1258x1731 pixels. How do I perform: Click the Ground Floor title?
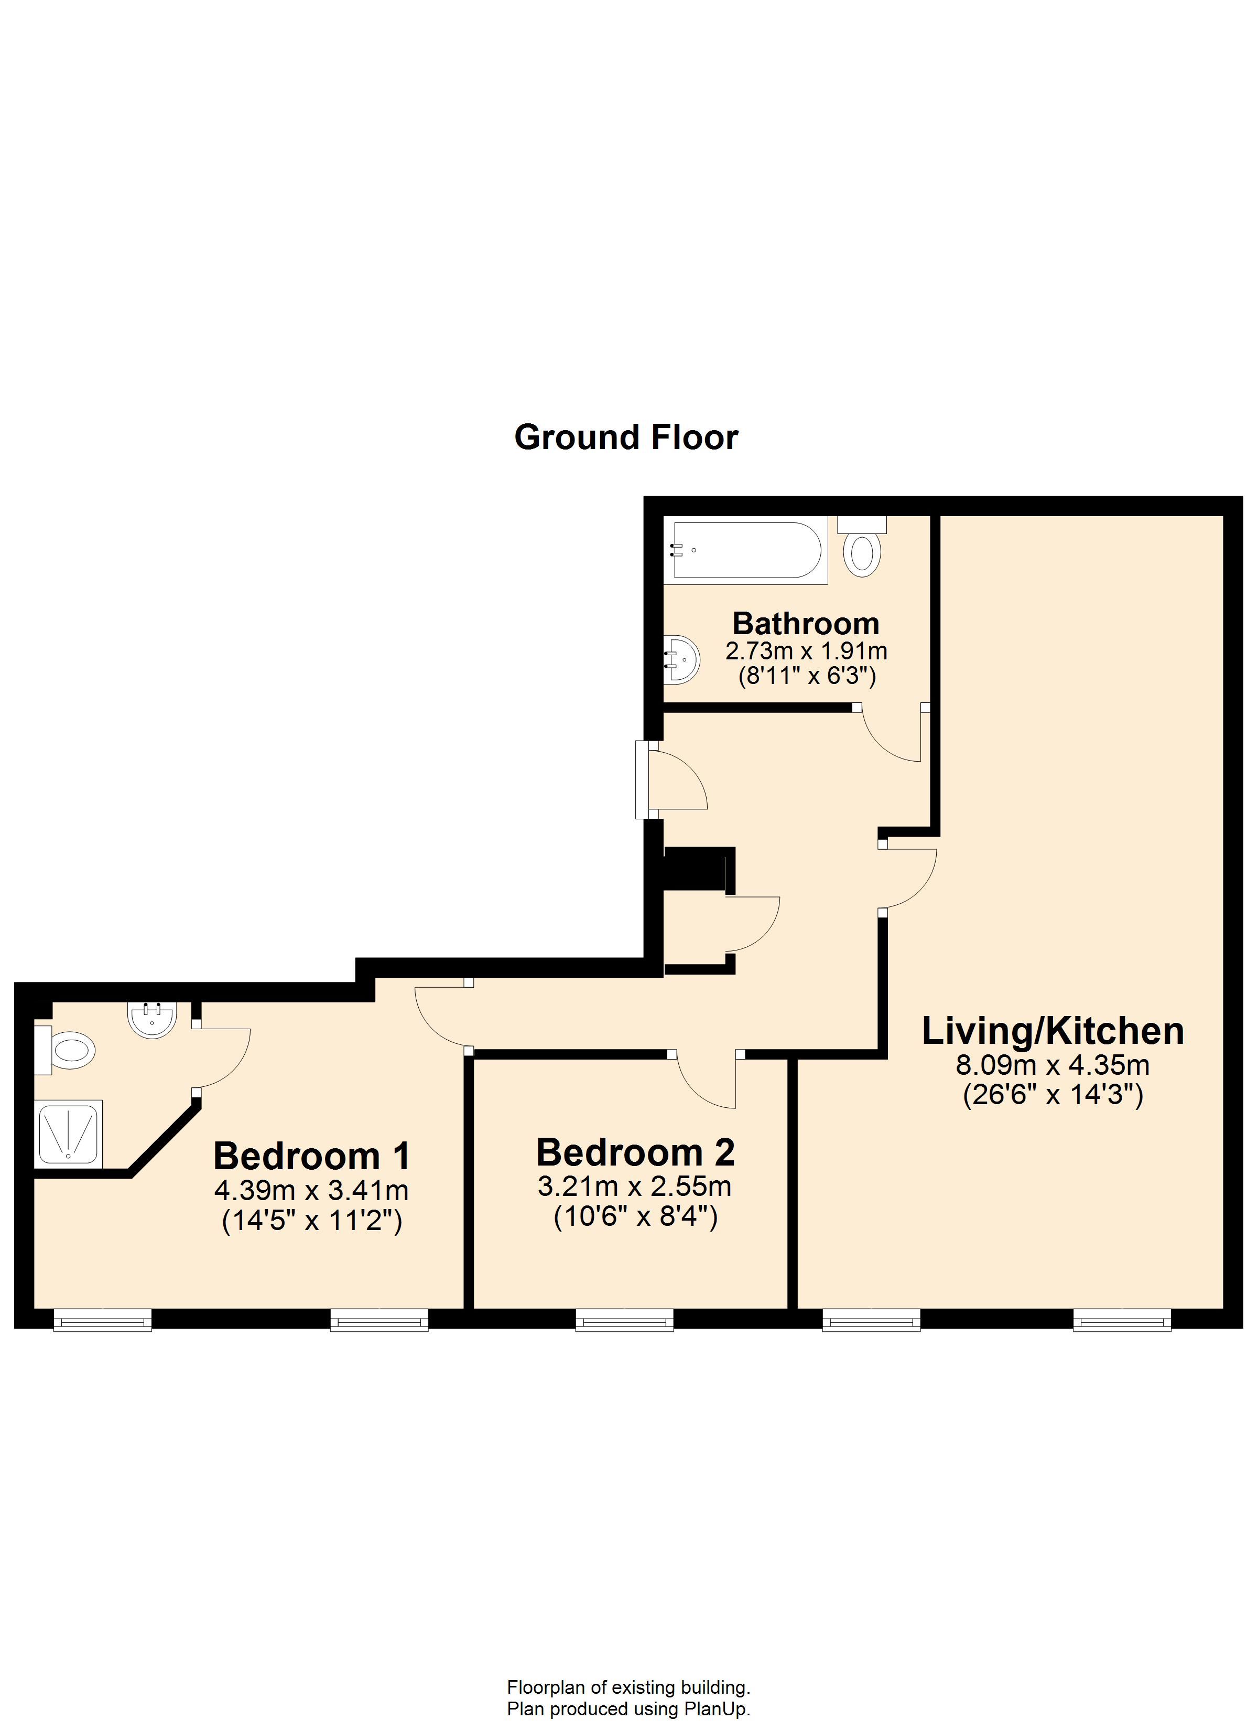(626, 438)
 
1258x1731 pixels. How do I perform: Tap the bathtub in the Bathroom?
(745, 550)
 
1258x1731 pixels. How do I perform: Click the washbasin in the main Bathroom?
(681, 659)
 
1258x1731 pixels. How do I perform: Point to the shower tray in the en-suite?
(68, 1134)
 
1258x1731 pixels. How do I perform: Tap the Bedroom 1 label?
(312, 1156)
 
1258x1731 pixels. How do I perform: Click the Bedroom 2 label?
(635, 1152)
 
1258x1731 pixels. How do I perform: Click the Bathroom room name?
(806, 624)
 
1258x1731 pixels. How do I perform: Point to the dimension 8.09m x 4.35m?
(1053, 1065)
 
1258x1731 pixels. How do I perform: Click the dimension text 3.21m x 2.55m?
(635, 1187)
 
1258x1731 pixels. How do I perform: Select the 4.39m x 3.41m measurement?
(311, 1191)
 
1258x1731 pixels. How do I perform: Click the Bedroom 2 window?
(625, 1320)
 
